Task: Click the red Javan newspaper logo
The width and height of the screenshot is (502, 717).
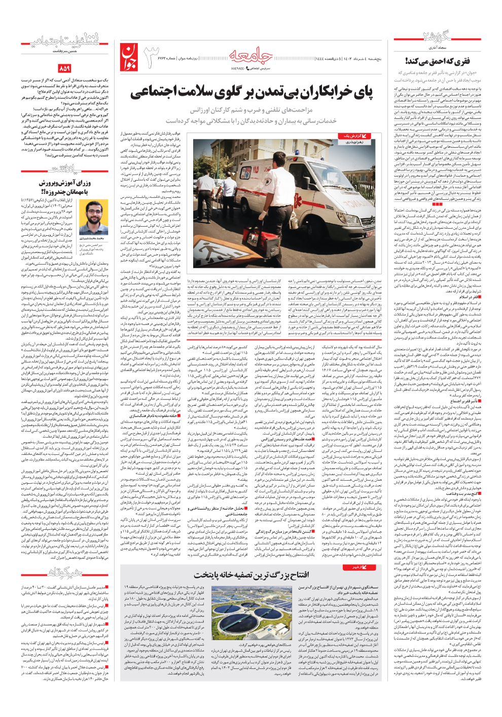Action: click(x=129, y=56)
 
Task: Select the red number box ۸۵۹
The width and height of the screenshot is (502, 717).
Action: click(x=64, y=68)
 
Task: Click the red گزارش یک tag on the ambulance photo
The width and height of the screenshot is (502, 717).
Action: click(x=353, y=136)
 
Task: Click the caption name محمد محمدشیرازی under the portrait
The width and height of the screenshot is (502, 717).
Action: click(x=93, y=238)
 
